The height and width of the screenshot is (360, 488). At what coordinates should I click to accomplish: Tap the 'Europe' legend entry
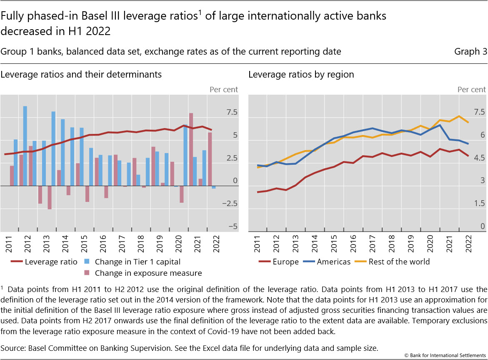(285, 262)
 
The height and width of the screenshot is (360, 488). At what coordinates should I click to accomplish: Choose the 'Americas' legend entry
(333, 262)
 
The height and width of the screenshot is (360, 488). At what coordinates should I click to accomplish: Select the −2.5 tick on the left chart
(229, 204)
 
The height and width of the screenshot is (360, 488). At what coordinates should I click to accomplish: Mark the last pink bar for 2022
(210, 159)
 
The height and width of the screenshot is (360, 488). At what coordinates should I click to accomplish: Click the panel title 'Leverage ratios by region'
(301, 75)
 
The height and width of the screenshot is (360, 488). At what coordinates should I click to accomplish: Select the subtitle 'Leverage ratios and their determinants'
(81, 75)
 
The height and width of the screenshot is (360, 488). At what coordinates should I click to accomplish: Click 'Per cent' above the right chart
(471, 89)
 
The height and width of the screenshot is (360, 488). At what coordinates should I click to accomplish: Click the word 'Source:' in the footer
(12, 347)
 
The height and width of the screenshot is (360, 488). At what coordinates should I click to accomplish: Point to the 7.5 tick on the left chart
(232, 112)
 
